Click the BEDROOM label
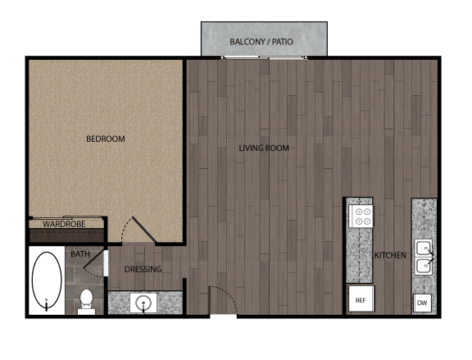click(x=106, y=139)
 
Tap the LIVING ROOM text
click(x=264, y=148)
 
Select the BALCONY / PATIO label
click(x=261, y=42)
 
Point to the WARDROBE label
click(x=64, y=224)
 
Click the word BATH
click(x=80, y=254)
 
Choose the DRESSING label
click(x=143, y=269)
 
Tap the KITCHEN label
click(x=390, y=256)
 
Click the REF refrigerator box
click(x=361, y=298)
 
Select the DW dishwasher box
click(x=422, y=303)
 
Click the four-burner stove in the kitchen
click(x=361, y=216)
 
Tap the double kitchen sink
click(x=424, y=257)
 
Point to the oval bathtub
click(x=47, y=280)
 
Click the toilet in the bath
click(x=86, y=302)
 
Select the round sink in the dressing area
click(x=143, y=303)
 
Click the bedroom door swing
click(x=144, y=230)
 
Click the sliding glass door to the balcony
click(x=264, y=57)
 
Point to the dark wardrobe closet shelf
click(x=67, y=235)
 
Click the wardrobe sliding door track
click(x=68, y=217)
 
